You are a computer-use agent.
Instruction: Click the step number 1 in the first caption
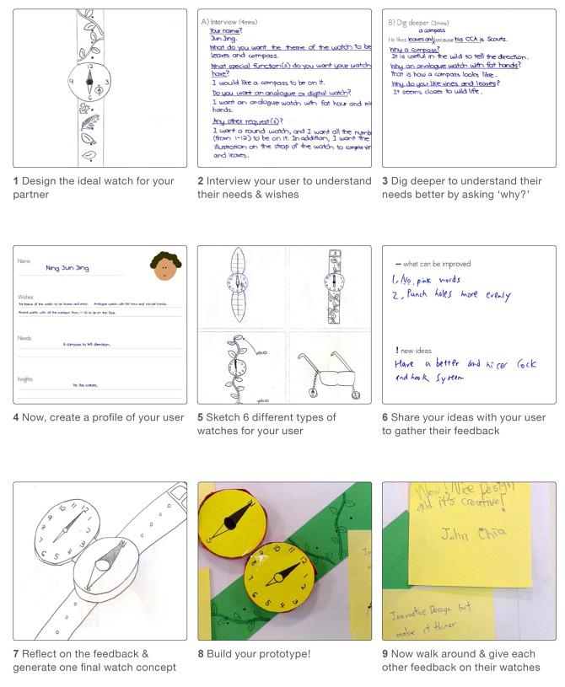coord(17,181)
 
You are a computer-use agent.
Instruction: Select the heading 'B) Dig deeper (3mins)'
coord(419,19)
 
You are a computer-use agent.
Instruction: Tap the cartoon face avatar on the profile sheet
coord(165,266)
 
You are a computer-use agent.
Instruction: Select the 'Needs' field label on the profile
coord(26,337)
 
